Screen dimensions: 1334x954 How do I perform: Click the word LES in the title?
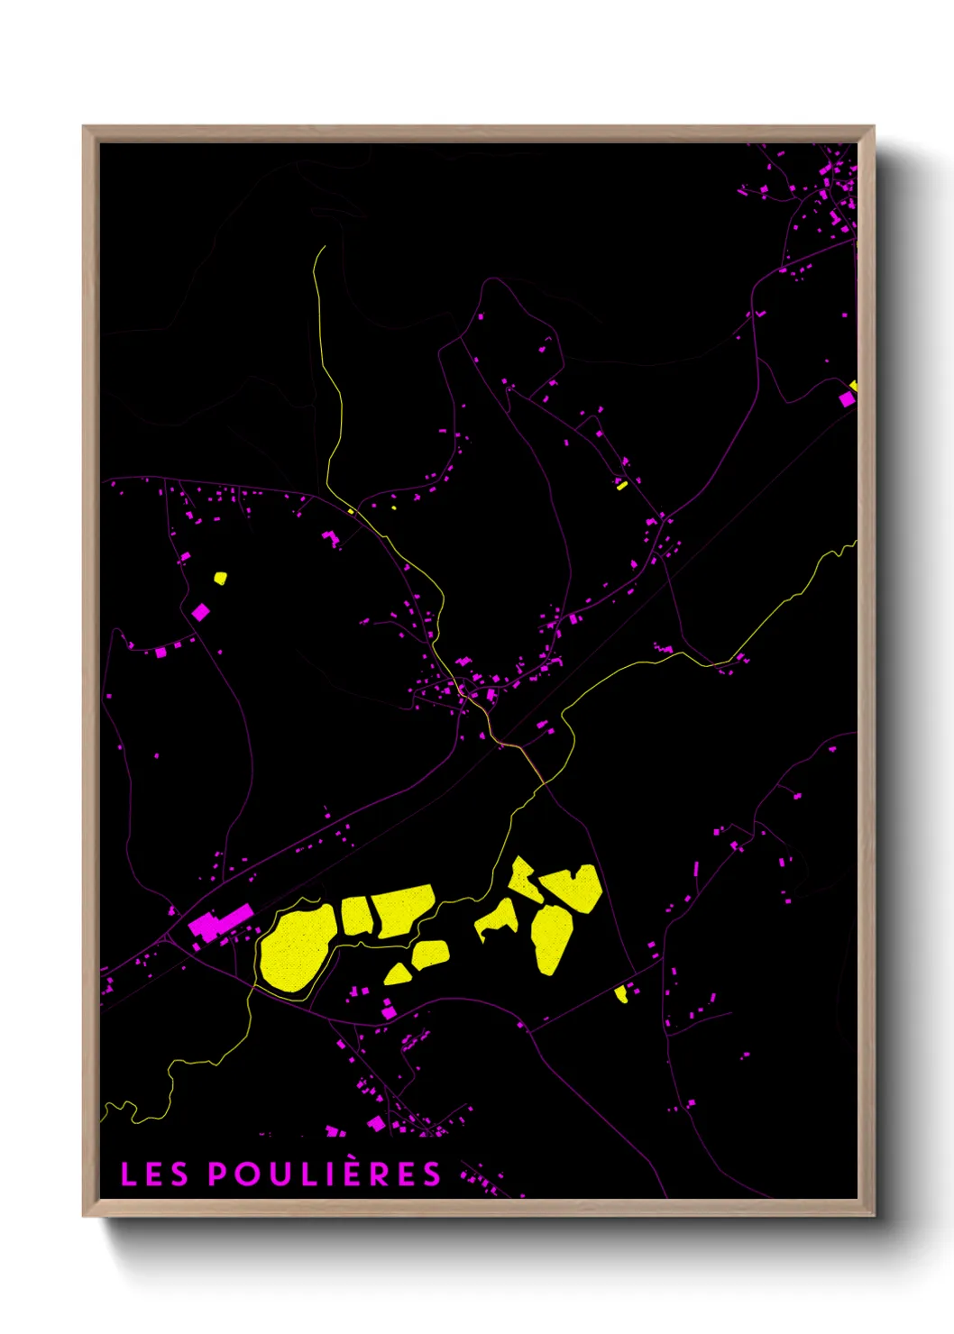[x=154, y=1174]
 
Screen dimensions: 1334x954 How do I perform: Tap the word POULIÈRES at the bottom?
[x=325, y=1174]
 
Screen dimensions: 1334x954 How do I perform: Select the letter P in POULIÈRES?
[x=217, y=1174]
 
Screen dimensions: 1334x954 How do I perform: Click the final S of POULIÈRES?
[x=434, y=1174]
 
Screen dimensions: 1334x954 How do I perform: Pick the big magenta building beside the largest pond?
[x=220, y=923]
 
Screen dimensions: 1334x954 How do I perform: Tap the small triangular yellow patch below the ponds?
[x=398, y=974]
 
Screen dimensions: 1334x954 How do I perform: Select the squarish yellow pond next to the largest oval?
[x=355, y=915]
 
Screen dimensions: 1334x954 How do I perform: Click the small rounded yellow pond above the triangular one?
[x=431, y=954]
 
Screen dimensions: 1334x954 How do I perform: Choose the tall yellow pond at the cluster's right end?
[x=550, y=938]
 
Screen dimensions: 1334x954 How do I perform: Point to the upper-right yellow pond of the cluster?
[x=573, y=887]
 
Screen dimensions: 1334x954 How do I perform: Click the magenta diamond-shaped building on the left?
[x=200, y=612]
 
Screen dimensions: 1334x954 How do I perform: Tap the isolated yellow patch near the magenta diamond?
[x=220, y=578]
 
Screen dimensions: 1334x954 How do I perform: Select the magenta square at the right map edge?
[x=846, y=398]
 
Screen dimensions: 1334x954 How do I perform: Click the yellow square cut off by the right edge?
[x=854, y=386]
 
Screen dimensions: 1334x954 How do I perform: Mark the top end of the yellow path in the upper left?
[x=324, y=246]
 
